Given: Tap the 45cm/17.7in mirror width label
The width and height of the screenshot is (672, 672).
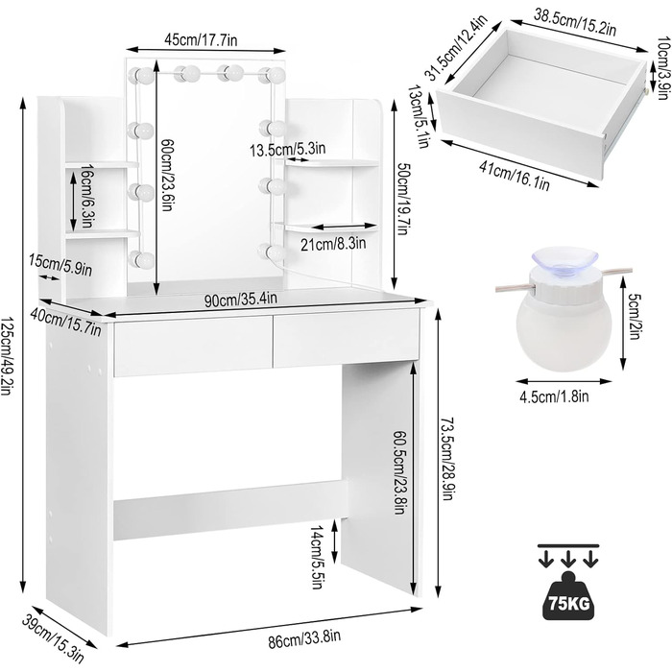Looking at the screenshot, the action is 201,40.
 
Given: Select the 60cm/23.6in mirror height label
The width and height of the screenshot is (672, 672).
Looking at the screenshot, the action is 166,175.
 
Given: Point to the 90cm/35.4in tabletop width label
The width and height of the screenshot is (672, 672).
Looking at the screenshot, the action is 241,300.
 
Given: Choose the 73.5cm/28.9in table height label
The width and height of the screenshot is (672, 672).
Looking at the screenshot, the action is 446,459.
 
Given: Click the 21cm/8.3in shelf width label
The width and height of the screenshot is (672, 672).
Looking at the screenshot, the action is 333,244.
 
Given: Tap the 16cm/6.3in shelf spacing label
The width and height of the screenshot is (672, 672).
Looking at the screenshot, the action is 86,196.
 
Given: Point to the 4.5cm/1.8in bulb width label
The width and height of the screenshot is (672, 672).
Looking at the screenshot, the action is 554,396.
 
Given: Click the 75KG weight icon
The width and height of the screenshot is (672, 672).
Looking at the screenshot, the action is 568,595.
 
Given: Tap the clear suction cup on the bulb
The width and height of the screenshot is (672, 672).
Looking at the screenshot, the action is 564,260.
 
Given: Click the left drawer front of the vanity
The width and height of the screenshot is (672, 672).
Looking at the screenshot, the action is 193,348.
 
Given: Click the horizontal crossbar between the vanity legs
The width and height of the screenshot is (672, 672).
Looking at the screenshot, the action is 230,511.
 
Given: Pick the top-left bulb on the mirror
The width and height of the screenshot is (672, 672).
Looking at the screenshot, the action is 141,76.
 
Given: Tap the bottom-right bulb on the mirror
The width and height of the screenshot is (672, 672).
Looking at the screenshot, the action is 272,252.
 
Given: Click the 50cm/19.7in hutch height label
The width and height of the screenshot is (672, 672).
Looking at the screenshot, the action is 403,198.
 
